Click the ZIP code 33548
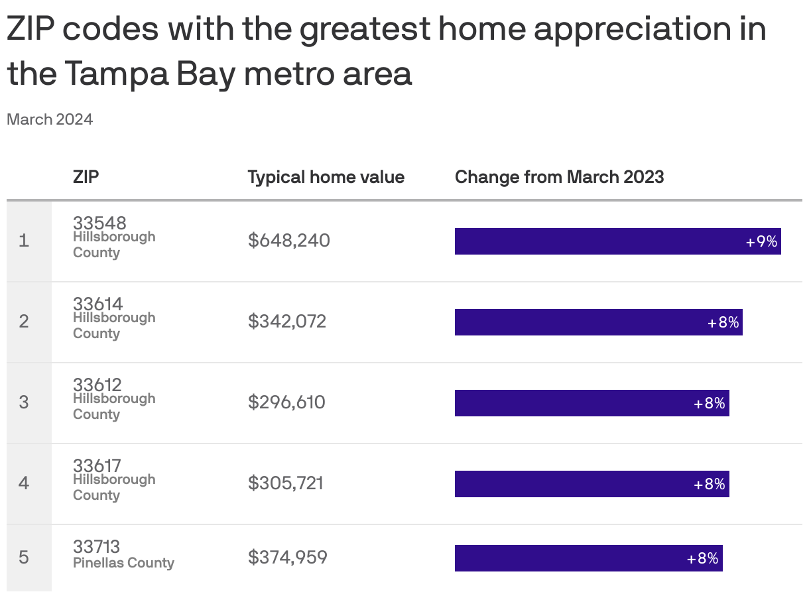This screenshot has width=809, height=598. tap(99, 223)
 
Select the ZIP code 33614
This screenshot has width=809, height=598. tap(97, 304)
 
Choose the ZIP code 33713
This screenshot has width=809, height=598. tap(96, 546)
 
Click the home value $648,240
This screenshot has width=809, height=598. tap(288, 240)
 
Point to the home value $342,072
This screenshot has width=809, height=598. tap(287, 322)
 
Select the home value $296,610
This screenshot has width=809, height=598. tap(286, 402)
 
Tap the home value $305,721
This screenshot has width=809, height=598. tap(286, 483)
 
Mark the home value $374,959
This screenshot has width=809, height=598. tap(287, 557)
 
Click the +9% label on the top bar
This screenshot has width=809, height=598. tap(761, 241)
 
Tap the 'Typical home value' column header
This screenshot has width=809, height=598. tap(326, 177)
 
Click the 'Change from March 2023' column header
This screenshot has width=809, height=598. tap(559, 177)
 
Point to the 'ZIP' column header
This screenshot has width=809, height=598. tap(86, 177)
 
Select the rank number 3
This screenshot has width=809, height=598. tap(24, 402)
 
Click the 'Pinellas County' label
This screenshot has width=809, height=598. tap(123, 563)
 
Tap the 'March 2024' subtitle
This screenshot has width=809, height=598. tap(50, 119)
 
